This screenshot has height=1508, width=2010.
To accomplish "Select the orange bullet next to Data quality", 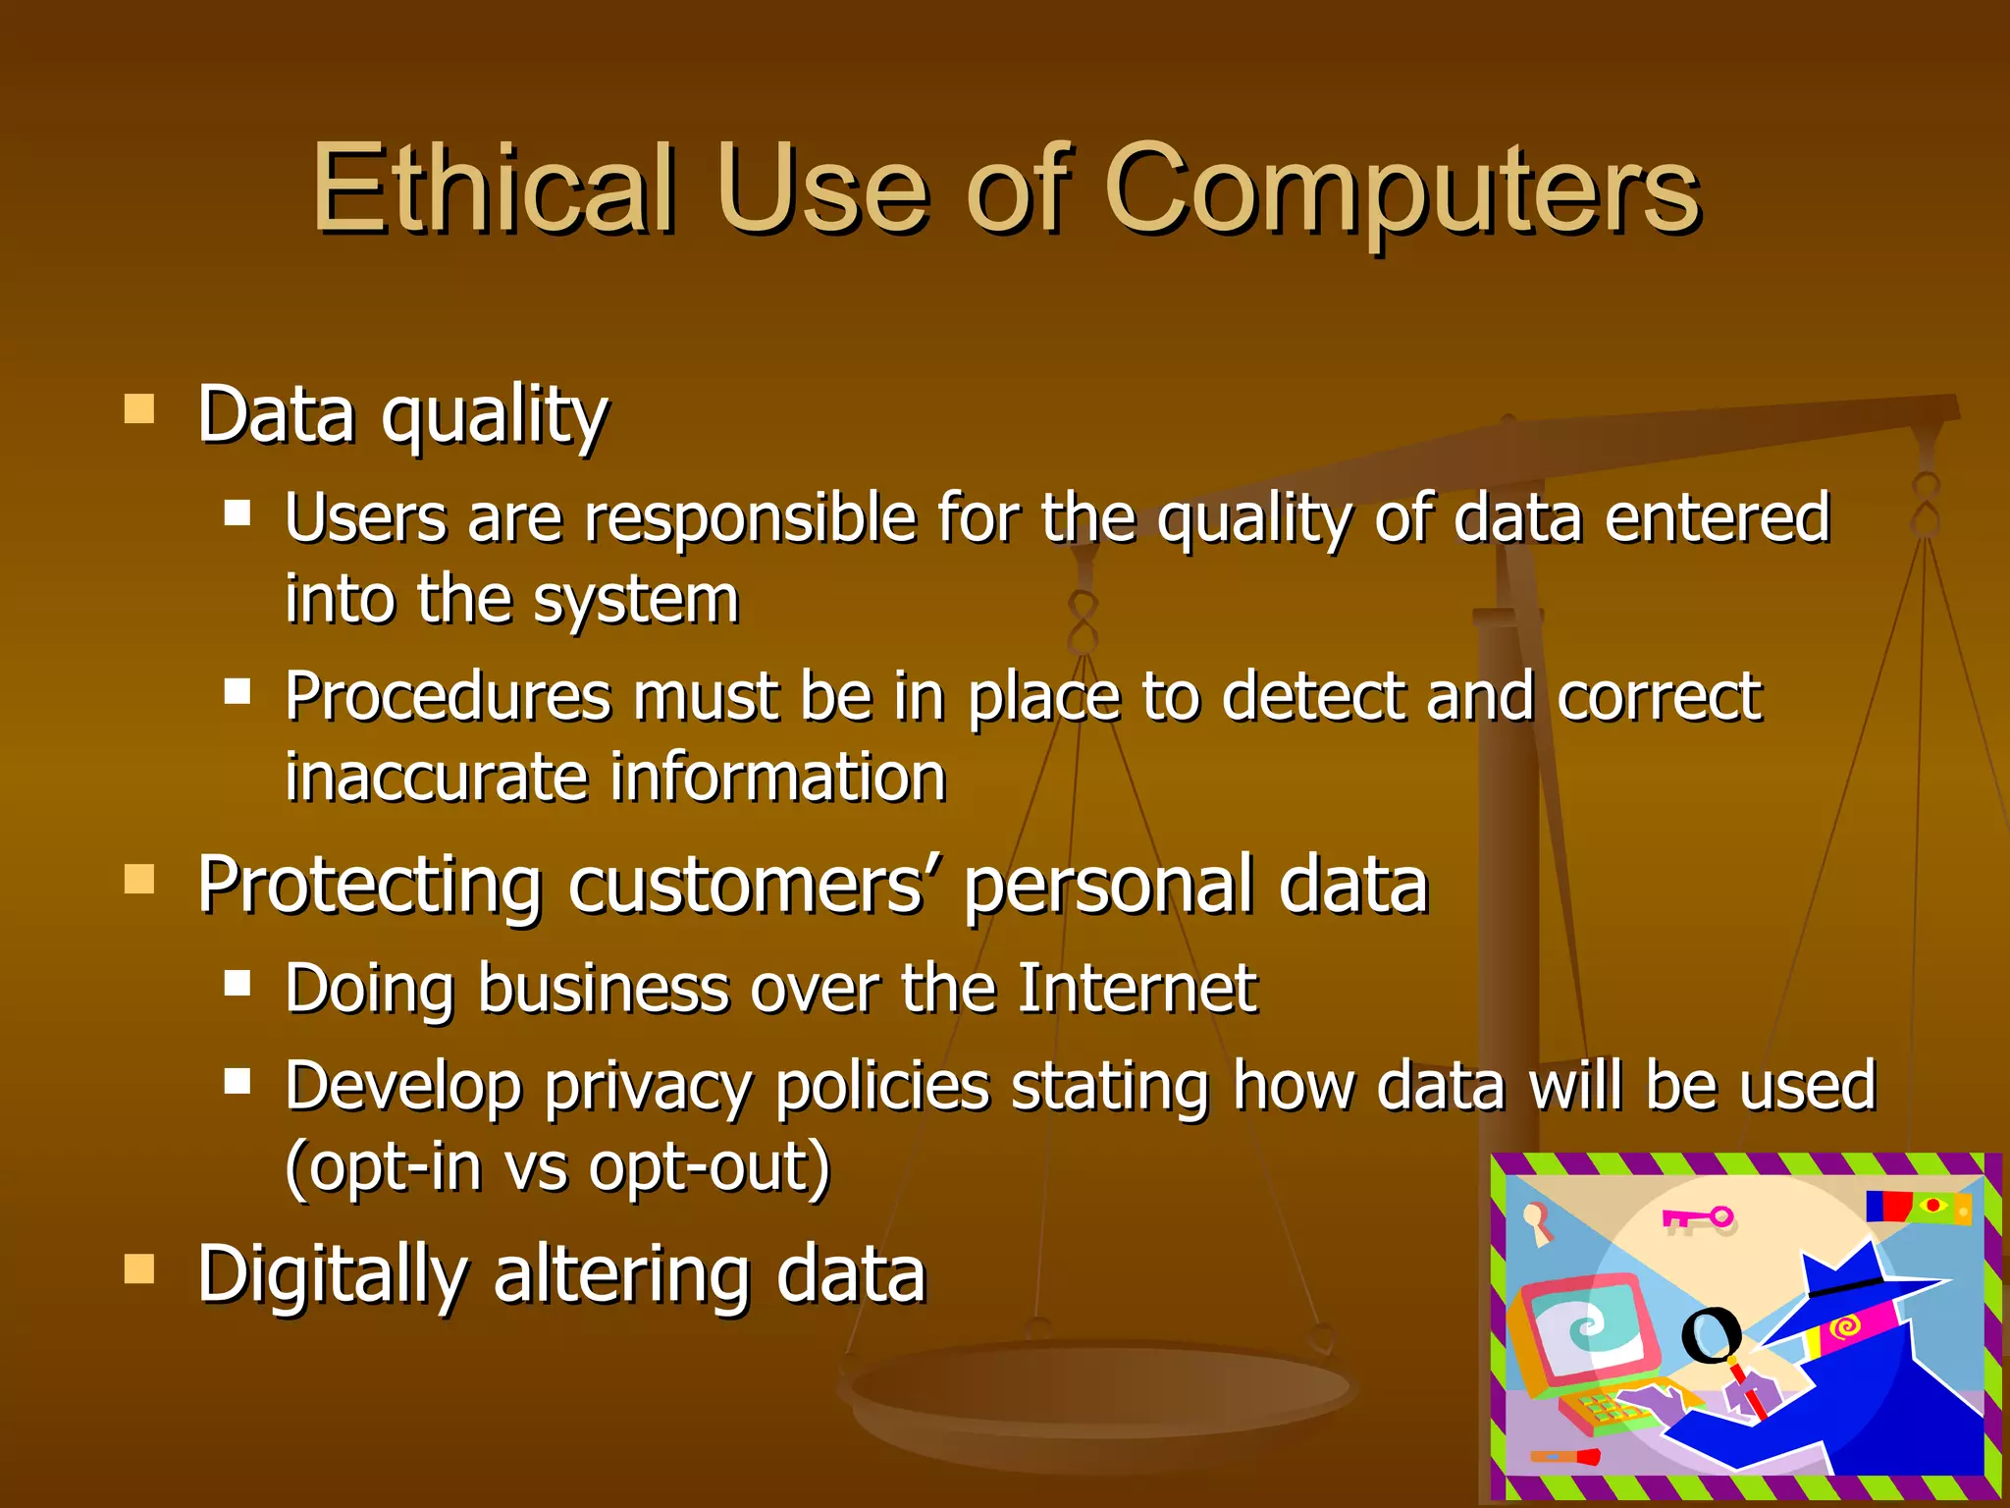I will tap(139, 408).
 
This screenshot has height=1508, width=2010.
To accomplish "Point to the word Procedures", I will tap(448, 696).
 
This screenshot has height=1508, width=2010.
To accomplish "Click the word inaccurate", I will tap(436, 777).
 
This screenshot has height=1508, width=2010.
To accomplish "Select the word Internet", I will tap(1137, 988).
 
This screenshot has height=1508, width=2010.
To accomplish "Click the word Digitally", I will tap(332, 1274).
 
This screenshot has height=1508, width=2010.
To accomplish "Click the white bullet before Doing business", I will tap(237, 983).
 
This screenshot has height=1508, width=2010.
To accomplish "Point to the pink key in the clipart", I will tap(1698, 1218).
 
